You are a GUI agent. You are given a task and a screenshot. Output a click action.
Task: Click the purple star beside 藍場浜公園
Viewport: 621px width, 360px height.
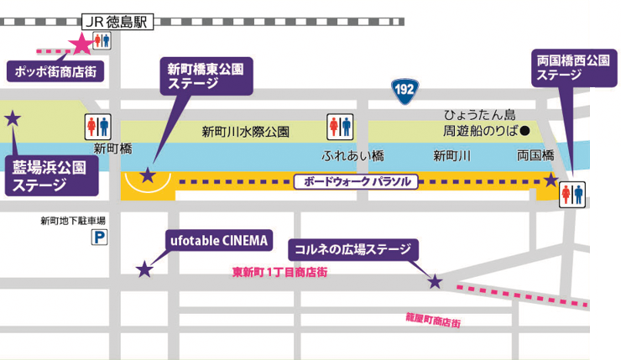tap(13, 117)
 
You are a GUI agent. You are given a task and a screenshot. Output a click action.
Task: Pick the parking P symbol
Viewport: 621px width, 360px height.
tap(100, 237)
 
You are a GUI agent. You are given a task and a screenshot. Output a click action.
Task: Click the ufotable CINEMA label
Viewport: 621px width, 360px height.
tap(215, 242)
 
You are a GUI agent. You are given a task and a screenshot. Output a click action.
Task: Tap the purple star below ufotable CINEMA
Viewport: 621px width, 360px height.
tap(145, 269)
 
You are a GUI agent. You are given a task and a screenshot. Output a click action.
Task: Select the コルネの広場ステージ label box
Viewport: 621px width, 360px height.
tap(352, 249)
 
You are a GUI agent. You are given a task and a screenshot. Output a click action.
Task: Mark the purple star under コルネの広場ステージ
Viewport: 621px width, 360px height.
tap(435, 282)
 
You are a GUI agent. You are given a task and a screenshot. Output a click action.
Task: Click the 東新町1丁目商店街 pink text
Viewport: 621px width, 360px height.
tap(279, 272)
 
